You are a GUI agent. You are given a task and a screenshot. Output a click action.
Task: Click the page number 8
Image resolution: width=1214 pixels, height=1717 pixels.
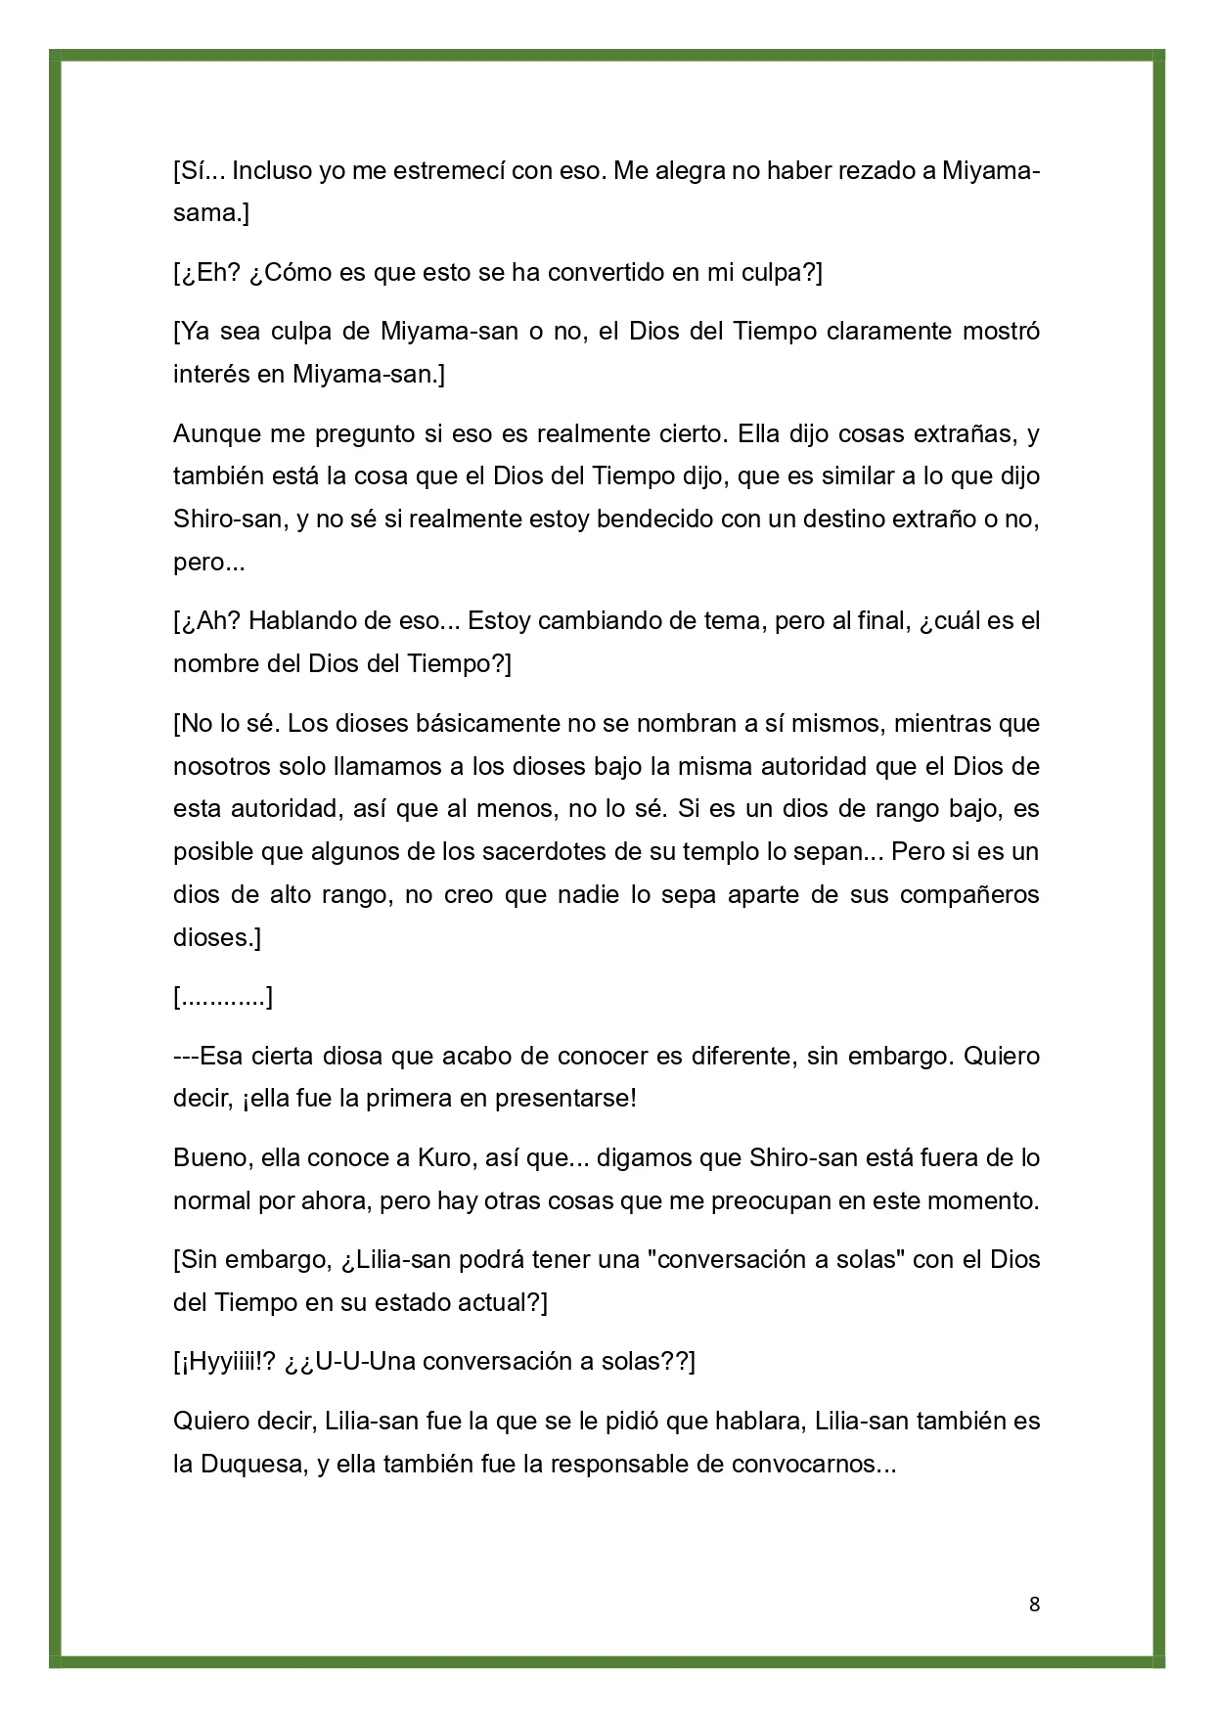[x=1034, y=1604]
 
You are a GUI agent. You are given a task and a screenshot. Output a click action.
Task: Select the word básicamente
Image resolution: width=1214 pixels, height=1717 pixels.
[x=453, y=725]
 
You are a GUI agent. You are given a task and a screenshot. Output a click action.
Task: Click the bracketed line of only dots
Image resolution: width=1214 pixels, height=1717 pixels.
[x=222, y=998]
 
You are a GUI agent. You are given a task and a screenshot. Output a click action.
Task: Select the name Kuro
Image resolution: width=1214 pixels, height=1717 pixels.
[x=444, y=1158]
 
